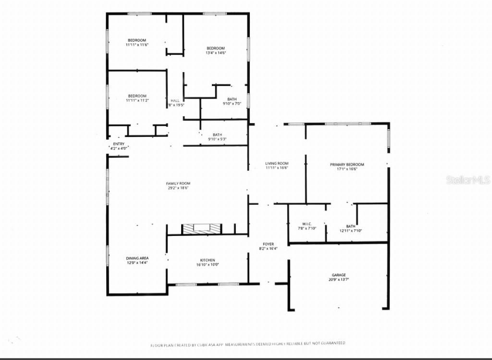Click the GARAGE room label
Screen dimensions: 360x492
[x=339, y=275]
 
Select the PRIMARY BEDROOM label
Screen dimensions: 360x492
[x=347, y=164]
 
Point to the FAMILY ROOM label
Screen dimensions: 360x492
[x=178, y=184]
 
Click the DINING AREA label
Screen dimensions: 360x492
[x=137, y=258]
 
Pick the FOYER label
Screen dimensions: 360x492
[x=268, y=244]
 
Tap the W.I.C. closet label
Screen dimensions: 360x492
[x=307, y=224]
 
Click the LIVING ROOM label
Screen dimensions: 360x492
[x=276, y=163]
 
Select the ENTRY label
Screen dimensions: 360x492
[x=119, y=144]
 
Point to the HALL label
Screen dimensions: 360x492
[x=175, y=100]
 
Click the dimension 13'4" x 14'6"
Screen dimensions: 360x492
[x=216, y=53]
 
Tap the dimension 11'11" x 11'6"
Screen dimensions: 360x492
[x=137, y=45]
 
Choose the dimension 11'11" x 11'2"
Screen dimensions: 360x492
[x=137, y=100]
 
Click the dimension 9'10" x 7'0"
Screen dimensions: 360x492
[x=232, y=104]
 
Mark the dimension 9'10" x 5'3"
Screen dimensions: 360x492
[x=217, y=139]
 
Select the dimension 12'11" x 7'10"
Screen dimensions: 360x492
[x=351, y=231]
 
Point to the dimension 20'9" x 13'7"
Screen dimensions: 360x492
[x=339, y=279]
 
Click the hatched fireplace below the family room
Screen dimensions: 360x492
[x=201, y=229]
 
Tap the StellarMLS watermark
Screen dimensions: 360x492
[x=468, y=180]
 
